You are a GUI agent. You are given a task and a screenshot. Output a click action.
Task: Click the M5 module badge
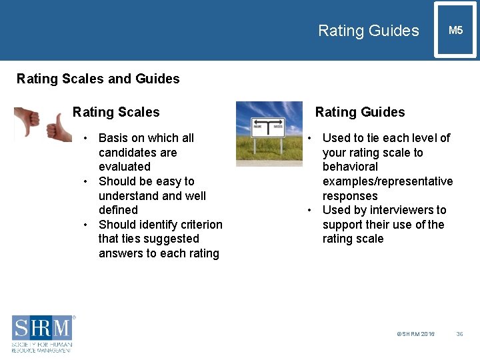pyautogui.click(x=455, y=31)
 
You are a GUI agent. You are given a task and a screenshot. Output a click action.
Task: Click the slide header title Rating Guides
pyautogui.click(x=368, y=31)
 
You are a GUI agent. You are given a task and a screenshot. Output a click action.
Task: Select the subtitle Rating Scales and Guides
pyautogui.click(x=98, y=79)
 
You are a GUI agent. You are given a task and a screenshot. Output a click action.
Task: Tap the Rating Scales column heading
pyautogui.click(x=116, y=112)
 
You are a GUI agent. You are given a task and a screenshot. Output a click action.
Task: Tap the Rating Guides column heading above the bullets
pyautogui.click(x=360, y=112)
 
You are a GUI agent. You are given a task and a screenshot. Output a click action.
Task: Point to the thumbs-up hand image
pyautogui.click(x=61, y=127)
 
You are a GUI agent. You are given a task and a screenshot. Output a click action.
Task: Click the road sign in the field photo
pyautogui.click(x=268, y=126)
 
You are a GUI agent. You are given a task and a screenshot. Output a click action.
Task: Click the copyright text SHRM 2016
pyautogui.click(x=415, y=333)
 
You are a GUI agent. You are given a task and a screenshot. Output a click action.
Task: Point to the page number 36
pyautogui.click(x=459, y=333)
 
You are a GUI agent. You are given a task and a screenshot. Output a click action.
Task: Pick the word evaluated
pyautogui.click(x=125, y=167)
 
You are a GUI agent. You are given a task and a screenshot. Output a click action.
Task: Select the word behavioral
pyautogui.click(x=350, y=167)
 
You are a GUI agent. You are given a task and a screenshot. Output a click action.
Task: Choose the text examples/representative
pyautogui.click(x=387, y=181)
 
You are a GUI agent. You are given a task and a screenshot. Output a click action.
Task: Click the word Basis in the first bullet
pyautogui.click(x=113, y=138)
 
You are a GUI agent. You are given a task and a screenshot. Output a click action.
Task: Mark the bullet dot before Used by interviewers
pyautogui.click(x=311, y=211)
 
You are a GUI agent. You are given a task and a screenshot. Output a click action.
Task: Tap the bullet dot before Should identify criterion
pyautogui.click(x=87, y=225)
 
